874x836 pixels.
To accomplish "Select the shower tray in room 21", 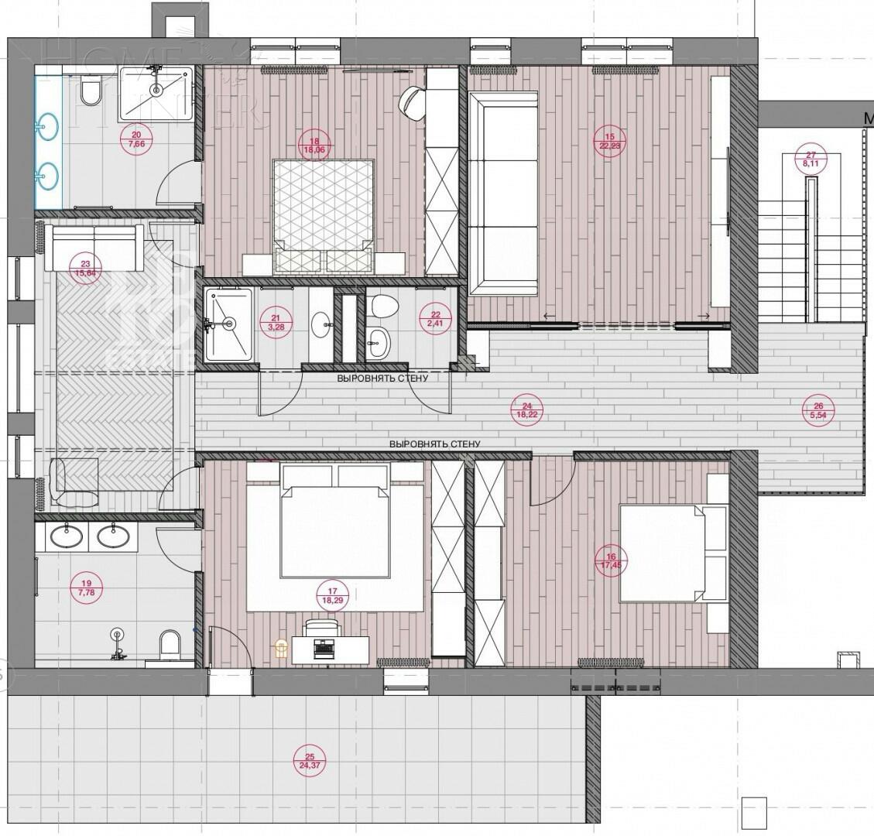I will [x=228, y=324].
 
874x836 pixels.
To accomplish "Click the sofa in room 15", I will [x=503, y=193].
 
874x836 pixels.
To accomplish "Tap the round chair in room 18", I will [x=411, y=102].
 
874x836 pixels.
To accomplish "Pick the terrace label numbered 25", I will [x=309, y=761].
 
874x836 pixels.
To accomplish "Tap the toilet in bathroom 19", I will [x=168, y=646].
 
